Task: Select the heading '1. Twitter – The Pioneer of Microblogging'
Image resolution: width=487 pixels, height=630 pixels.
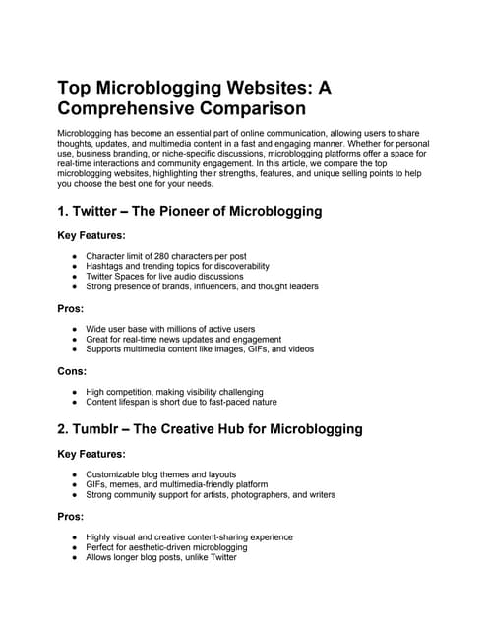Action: pos(190,211)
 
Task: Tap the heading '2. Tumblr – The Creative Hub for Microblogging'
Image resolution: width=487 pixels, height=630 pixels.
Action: pos(210,428)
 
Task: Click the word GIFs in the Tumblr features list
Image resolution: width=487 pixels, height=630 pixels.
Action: pos(98,484)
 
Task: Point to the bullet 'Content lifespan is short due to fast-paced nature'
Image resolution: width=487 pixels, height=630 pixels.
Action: pos(181,402)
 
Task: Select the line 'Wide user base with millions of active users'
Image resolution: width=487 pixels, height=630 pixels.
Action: pos(170,328)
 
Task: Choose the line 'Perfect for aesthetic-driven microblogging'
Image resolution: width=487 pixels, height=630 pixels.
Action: pos(175,547)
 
